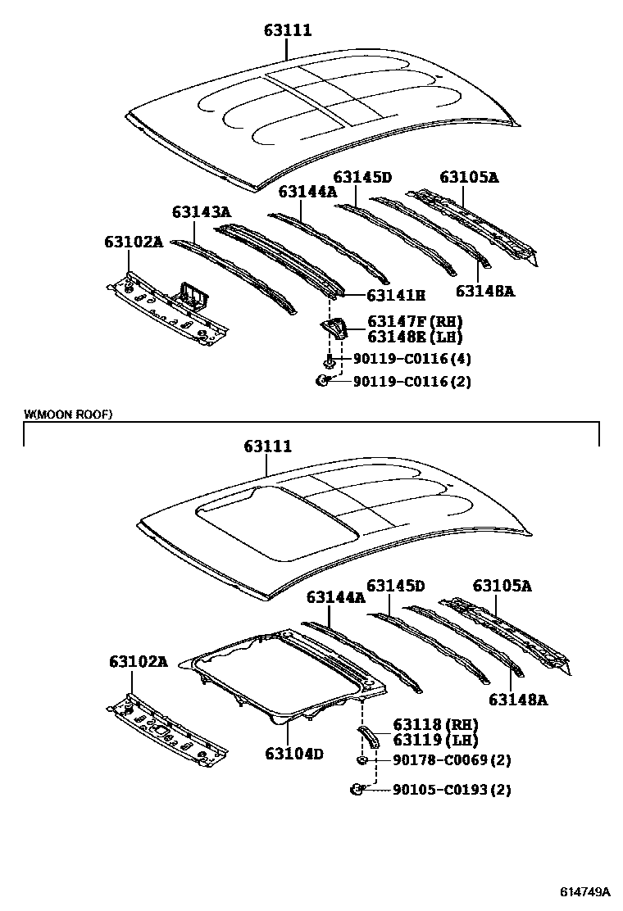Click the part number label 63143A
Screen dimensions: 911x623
click(201, 213)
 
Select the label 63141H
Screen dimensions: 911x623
click(396, 296)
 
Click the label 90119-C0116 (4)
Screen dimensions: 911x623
click(412, 359)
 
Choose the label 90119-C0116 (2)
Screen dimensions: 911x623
click(412, 382)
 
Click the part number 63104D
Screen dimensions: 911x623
click(294, 753)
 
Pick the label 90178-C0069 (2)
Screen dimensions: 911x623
click(452, 760)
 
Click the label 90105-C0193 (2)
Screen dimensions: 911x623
click(452, 790)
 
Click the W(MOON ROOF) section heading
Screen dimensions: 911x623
click(68, 415)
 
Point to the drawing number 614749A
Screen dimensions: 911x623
click(585, 891)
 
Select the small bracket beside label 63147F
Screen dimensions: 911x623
click(334, 329)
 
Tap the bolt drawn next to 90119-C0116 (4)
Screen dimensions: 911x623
click(329, 360)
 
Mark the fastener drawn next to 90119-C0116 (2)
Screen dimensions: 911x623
click(323, 380)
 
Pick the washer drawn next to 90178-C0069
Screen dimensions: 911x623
click(361, 761)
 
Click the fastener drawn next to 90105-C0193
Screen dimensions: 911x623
click(358, 789)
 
